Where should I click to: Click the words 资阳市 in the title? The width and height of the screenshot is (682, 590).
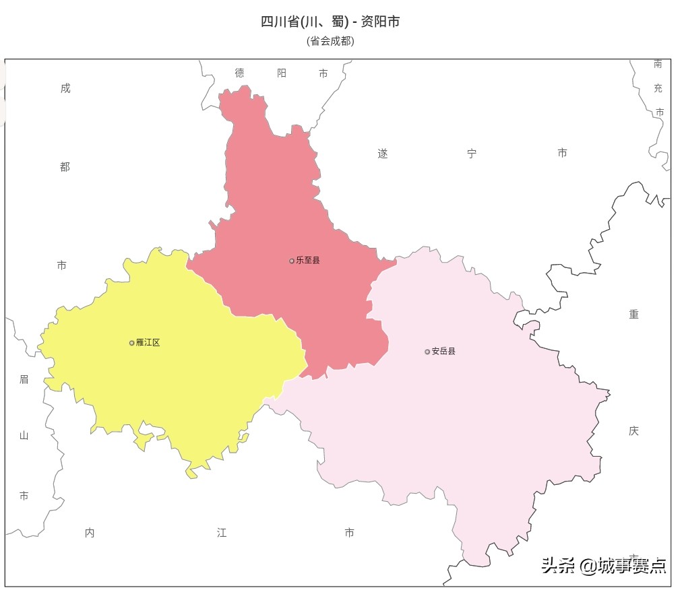[x=380, y=22]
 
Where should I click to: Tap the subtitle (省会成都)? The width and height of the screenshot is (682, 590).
[x=330, y=40]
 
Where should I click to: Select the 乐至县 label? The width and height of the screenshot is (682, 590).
[x=308, y=260]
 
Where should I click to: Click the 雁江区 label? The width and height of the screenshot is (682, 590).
[x=148, y=342]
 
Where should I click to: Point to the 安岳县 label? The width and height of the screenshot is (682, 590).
[x=443, y=351]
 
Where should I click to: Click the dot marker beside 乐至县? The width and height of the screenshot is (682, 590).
[x=292, y=261]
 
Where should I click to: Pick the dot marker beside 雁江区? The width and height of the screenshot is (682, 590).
[x=132, y=343]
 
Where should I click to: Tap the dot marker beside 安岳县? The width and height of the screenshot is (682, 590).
[x=427, y=352]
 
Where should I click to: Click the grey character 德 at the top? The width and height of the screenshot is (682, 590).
[x=240, y=73]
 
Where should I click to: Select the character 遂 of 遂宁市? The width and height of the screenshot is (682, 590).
[x=383, y=154]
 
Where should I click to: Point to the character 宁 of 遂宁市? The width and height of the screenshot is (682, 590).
[x=472, y=154]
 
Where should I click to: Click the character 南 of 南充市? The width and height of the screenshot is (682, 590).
[x=658, y=64]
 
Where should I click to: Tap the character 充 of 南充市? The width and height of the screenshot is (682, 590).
[x=658, y=88]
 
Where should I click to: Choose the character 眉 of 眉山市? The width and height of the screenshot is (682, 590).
[x=24, y=379]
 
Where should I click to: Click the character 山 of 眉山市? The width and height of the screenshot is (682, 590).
[x=24, y=435]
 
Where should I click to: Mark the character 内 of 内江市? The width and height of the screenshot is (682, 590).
[x=90, y=533]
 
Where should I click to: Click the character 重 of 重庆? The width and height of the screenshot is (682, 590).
[x=633, y=315]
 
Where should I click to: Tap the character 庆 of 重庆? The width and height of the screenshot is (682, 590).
[x=633, y=431]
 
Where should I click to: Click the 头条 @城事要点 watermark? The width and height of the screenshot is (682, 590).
[x=604, y=565]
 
